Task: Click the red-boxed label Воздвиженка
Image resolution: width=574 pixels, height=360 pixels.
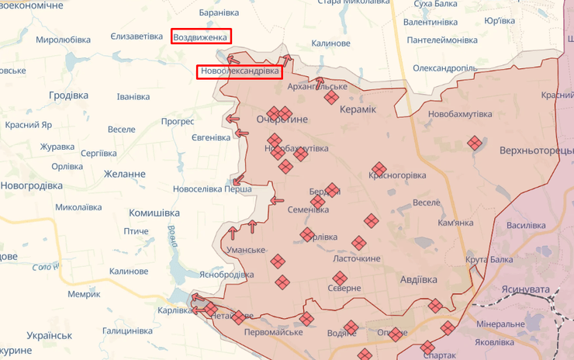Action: (x=201, y=36)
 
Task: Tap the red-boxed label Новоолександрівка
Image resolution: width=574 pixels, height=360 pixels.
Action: (x=239, y=71)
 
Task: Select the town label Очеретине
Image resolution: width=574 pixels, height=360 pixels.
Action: (x=282, y=119)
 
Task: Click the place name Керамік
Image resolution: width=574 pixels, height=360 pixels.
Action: (x=357, y=111)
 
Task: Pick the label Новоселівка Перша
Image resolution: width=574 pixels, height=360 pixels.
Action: (x=212, y=189)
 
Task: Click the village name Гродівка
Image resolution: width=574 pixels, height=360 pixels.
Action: (x=68, y=95)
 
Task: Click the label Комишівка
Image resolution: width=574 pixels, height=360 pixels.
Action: (x=154, y=213)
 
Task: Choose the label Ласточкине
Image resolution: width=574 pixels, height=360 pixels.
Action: (x=356, y=258)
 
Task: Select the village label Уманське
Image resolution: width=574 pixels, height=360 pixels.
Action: (x=246, y=251)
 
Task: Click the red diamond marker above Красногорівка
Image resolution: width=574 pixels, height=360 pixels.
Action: (x=379, y=168)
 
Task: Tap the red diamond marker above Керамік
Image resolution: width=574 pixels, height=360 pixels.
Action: (x=331, y=97)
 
